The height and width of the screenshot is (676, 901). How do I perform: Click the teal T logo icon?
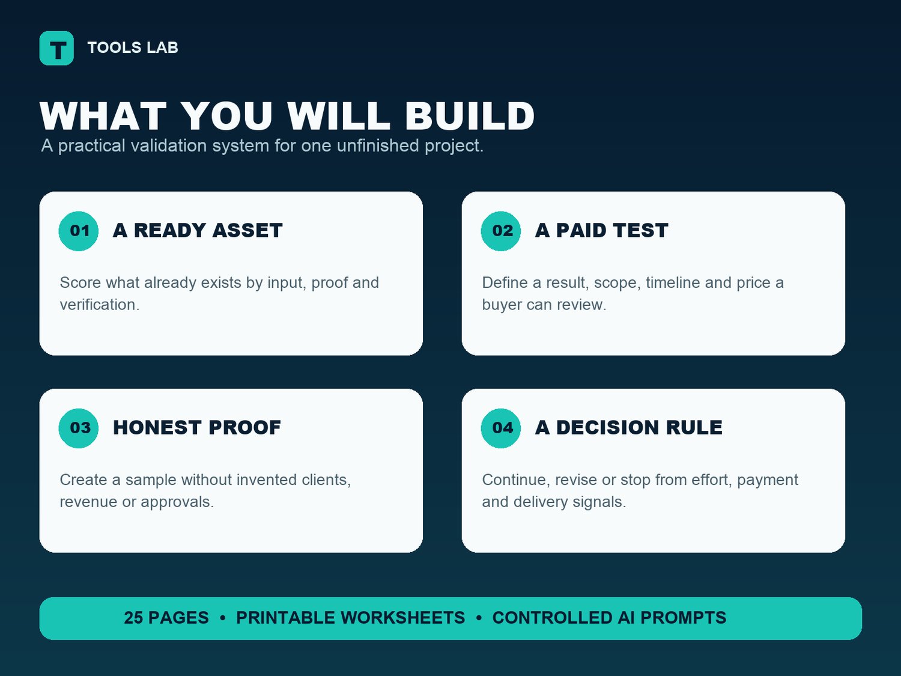coord(56,48)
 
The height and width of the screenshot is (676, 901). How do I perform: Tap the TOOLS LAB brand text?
coord(133,47)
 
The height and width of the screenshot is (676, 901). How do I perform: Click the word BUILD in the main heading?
coord(470,116)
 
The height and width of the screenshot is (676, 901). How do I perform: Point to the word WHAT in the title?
coord(103,116)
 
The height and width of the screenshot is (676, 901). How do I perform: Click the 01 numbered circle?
coord(79,231)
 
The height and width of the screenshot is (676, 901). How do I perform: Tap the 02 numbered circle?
coord(501,231)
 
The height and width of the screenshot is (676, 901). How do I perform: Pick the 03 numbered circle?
coord(79,428)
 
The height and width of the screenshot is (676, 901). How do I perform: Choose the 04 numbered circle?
coord(501,428)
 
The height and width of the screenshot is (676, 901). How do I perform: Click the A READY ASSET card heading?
coord(198,230)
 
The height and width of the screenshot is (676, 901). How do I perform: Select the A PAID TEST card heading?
coord(601,230)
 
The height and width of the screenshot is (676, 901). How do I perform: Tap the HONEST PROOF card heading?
coord(197,427)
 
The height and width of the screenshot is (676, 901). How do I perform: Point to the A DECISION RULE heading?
coord(628,427)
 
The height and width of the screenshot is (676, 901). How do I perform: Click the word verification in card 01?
coord(100,305)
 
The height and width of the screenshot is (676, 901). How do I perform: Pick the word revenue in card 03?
coord(88,502)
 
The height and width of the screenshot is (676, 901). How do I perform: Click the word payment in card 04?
coord(768,480)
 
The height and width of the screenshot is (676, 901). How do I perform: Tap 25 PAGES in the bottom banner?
coord(166,618)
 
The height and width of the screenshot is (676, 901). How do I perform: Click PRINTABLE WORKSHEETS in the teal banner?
coord(351,618)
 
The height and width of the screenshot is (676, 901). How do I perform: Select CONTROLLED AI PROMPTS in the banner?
coord(609,618)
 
